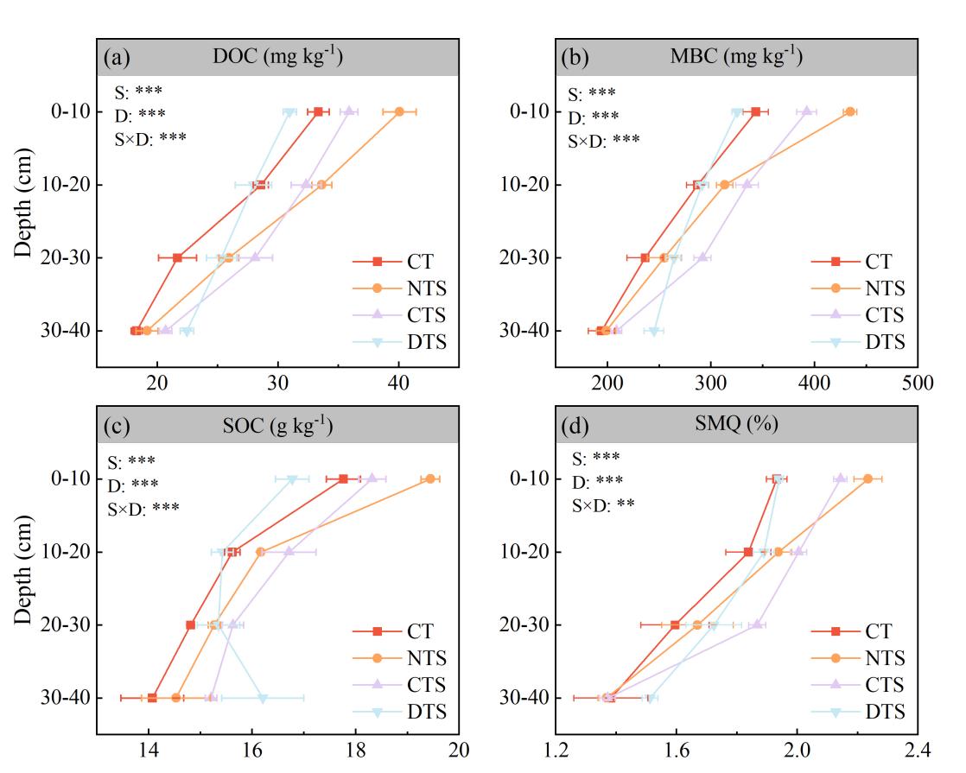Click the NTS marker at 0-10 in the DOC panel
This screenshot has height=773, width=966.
pos(399,111)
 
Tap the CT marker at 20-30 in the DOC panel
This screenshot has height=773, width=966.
pos(177,257)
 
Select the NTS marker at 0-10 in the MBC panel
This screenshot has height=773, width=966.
pos(850,111)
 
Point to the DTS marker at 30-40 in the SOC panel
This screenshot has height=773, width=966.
pos(263,698)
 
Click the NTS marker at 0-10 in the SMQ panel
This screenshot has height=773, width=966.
pos(867,478)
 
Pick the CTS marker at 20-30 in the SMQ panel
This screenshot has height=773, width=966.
pos(758,624)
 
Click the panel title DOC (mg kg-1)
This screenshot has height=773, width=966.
pos(277,58)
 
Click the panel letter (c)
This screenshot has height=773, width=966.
pos(117,426)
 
